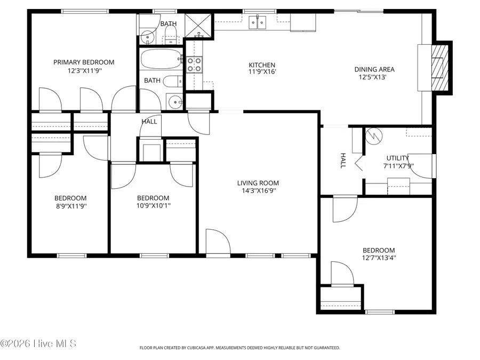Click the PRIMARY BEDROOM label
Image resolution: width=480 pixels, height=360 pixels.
(84, 62)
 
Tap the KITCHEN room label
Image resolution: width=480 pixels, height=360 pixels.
(262, 65)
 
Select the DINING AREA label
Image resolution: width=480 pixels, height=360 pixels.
(374, 69)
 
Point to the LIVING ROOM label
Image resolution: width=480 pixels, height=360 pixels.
(258, 183)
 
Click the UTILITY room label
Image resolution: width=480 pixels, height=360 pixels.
(398, 158)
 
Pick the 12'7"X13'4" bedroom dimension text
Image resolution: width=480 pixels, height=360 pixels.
(379, 258)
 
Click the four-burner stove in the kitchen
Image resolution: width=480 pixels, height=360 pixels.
(194, 65)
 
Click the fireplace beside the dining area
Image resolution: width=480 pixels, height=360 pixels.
(441, 67)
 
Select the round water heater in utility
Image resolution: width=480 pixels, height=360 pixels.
(372, 136)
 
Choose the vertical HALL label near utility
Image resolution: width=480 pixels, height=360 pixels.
(343, 161)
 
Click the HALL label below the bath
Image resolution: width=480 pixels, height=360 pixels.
(149, 122)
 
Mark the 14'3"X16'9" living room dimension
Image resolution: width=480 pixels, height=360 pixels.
(258, 190)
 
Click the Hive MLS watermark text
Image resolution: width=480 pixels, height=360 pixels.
(38, 343)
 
